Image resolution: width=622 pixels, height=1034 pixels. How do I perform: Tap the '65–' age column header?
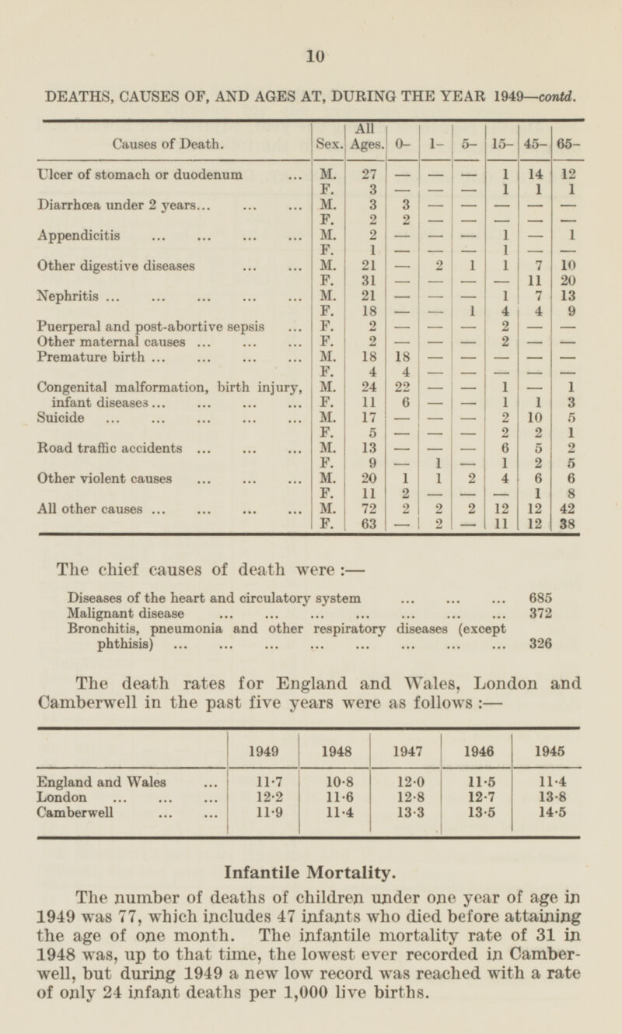tap(567, 143)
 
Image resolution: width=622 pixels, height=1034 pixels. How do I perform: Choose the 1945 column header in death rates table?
tap(547, 754)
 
